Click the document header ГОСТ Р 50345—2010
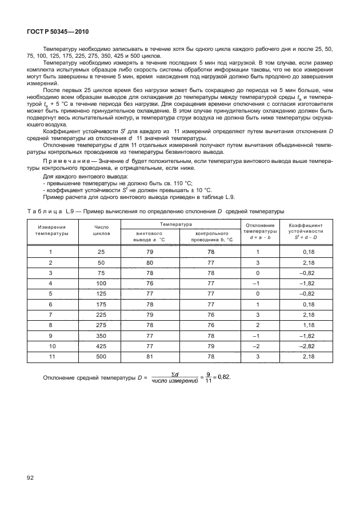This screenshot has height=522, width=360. coord(57,32)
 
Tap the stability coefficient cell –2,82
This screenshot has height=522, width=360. coord(308,346)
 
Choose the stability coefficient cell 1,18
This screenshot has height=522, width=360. coord(309,325)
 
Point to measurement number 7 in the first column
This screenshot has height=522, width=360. coord(51,314)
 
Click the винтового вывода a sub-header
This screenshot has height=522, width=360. coord(150,237)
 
